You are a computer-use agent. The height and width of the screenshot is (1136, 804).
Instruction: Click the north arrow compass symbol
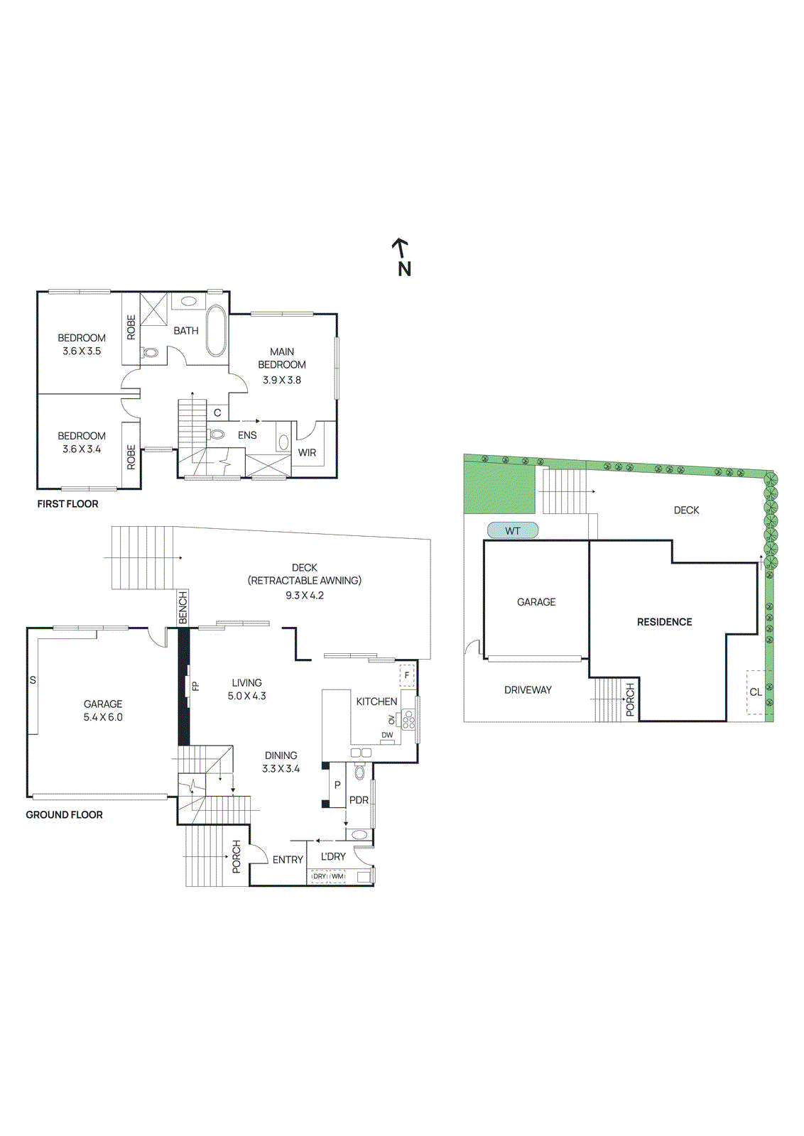click(x=402, y=257)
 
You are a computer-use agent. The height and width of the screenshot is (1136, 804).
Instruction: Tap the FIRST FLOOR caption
click(x=67, y=503)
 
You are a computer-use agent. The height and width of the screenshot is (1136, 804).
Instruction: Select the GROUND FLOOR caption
click(x=64, y=814)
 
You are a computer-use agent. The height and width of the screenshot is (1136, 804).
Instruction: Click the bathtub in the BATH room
click(x=216, y=331)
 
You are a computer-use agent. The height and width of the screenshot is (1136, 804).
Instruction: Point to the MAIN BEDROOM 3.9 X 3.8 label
click(x=282, y=365)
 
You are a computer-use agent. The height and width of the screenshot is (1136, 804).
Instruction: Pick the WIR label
click(x=307, y=452)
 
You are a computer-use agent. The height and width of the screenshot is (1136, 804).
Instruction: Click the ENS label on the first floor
click(x=247, y=435)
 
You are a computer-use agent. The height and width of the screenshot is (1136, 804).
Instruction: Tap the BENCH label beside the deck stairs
click(x=183, y=608)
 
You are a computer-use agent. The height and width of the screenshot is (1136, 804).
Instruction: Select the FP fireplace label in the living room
click(x=196, y=686)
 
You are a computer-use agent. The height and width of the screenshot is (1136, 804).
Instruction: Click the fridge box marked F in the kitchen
click(x=407, y=675)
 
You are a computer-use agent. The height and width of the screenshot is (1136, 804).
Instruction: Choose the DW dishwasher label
click(x=387, y=735)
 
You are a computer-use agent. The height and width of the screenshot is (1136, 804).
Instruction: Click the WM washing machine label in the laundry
click(x=337, y=876)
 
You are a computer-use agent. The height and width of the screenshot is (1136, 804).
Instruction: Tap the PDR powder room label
click(x=359, y=799)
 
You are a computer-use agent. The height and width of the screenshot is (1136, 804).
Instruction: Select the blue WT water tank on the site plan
click(x=512, y=530)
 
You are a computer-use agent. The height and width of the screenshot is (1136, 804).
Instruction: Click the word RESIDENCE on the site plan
click(x=664, y=621)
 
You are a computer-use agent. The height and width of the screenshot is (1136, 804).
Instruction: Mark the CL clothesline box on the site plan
click(x=756, y=692)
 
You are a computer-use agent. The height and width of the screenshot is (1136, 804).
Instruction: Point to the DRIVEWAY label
click(x=528, y=689)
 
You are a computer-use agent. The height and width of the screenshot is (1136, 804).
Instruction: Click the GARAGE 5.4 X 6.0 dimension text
click(x=103, y=717)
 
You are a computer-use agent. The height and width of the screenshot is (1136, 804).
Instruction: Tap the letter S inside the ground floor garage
click(x=33, y=680)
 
